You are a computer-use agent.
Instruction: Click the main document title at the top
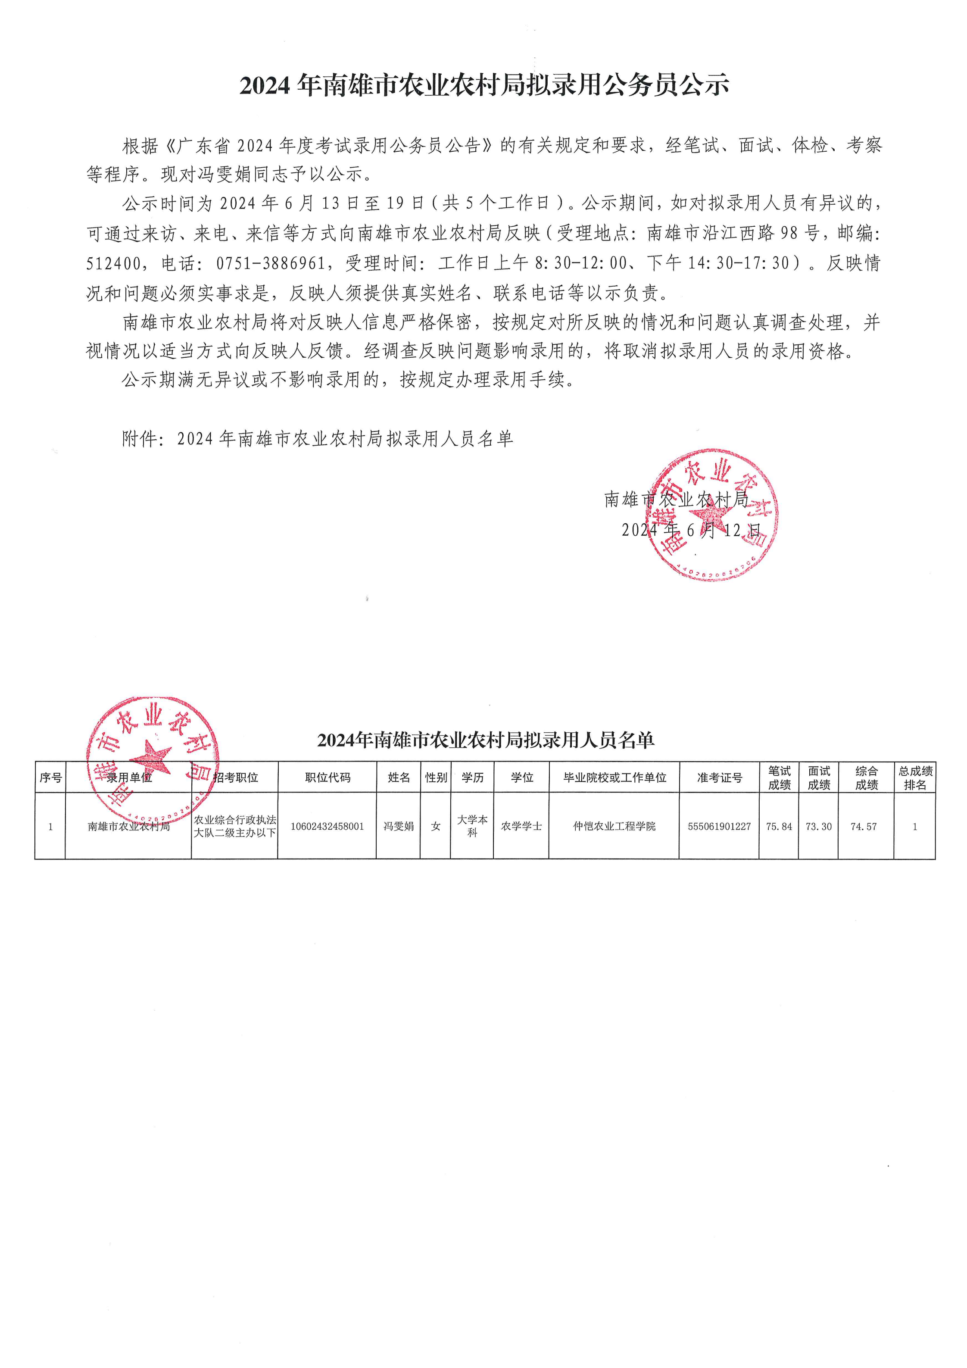[484, 85]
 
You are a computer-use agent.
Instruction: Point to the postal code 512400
[114, 263]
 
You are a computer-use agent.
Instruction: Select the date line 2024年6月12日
[691, 530]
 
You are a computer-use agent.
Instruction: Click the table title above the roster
[486, 740]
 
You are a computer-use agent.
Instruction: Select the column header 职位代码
[327, 777]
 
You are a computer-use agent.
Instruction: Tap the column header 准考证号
[719, 777]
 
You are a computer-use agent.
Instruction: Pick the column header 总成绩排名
[914, 778]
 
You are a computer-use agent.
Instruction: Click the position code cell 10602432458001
[327, 826]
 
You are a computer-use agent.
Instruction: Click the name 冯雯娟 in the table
[398, 826]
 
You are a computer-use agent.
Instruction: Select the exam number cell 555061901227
[719, 826]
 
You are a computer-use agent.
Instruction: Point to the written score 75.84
[779, 826]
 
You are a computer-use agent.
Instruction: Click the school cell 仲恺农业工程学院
[614, 826]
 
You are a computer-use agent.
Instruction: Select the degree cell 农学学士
[521, 826]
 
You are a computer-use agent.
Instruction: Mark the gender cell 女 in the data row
[436, 826]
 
